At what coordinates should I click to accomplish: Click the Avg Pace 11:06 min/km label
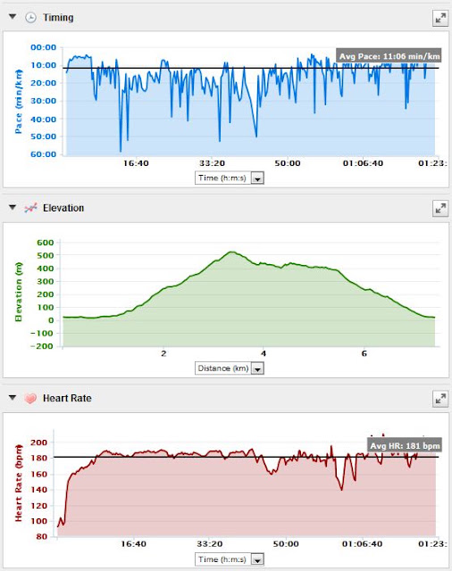point(389,56)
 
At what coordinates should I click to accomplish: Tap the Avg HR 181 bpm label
point(405,445)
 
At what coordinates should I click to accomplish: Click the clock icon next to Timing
point(30,18)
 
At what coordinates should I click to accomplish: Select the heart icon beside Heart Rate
point(30,398)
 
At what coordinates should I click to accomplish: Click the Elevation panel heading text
point(63,208)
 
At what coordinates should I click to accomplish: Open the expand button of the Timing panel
point(440,18)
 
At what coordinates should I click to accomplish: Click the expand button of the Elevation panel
point(440,208)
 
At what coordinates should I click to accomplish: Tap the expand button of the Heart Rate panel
point(440,399)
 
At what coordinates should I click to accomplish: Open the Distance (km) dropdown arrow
point(258,368)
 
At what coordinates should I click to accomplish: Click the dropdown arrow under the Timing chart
point(258,178)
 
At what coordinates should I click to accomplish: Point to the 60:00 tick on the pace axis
point(44,154)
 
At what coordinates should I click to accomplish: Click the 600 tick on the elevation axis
point(46,243)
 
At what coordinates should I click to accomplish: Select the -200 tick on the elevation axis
point(42,346)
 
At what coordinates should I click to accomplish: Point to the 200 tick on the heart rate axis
point(38,443)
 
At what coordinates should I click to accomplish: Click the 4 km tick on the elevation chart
point(264,353)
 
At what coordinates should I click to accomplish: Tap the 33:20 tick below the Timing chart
point(212,163)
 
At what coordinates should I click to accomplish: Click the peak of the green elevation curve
point(231,252)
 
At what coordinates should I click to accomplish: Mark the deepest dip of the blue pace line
point(121,151)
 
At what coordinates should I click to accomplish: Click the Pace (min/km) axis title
point(18,102)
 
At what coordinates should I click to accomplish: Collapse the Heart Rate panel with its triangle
point(13,397)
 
